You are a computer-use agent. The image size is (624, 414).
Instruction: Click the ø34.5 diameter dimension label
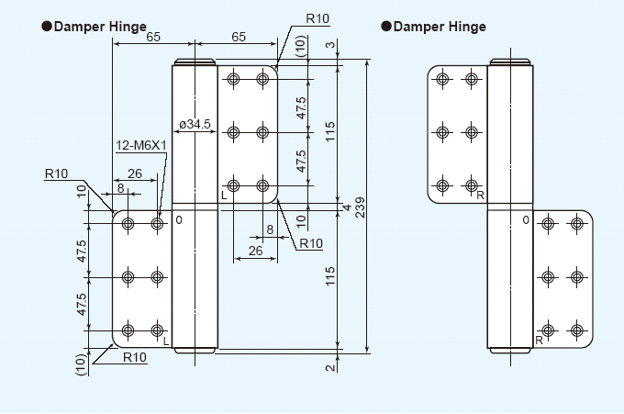coord(195,123)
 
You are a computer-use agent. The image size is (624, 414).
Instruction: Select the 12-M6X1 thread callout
coord(140,145)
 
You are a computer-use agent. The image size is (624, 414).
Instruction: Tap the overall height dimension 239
coord(360,207)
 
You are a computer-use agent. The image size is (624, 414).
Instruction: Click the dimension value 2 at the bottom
coord(329,367)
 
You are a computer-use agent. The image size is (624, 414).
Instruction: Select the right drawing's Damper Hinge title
coord(440,27)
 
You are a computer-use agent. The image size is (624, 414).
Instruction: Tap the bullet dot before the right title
coord(386,27)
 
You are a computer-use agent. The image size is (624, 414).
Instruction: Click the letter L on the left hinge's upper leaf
coord(223,196)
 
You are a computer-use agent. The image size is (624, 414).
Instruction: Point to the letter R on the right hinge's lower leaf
coord(540,341)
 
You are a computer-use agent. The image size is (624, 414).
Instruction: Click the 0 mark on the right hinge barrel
coord(526,220)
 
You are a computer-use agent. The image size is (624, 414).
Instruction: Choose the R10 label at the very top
coord(318,18)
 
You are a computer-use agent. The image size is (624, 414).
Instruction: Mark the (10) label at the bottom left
coord(81,365)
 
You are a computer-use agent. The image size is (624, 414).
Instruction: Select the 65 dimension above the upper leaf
coord(237,38)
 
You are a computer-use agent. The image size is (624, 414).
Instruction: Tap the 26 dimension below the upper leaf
coord(255,250)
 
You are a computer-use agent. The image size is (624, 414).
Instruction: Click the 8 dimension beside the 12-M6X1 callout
coord(120,188)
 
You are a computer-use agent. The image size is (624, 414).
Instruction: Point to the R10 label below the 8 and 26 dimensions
coord(310,243)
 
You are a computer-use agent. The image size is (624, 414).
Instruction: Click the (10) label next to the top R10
coord(301,46)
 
